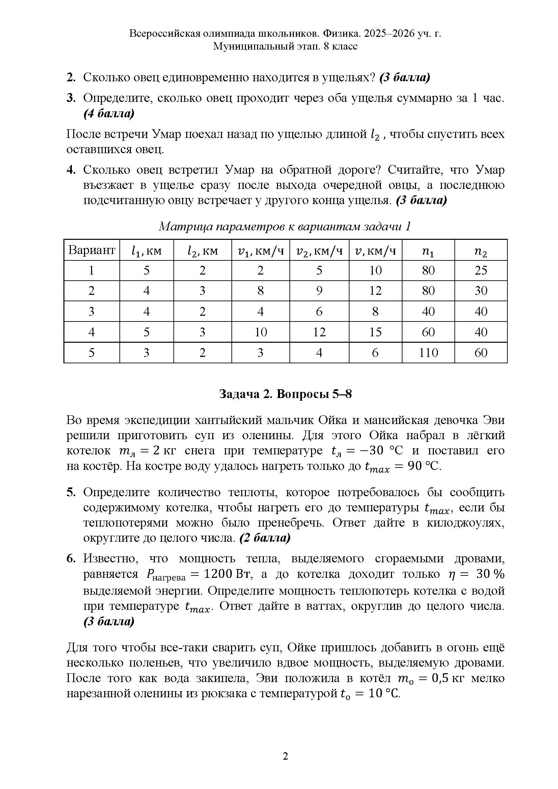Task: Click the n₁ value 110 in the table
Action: pyautogui.click(x=428, y=353)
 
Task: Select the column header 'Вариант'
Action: pyautogui.click(x=91, y=250)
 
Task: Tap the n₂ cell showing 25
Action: pyautogui.click(x=481, y=271)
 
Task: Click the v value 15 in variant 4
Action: pyautogui.click(x=375, y=332)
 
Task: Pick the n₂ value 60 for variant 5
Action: pyautogui.click(x=481, y=353)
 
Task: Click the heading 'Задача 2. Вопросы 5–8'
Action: pyautogui.click(x=285, y=394)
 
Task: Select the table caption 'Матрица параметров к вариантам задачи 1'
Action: pyautogui.click(x=285, y=226)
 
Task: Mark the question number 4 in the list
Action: pyautogui.click(x=71, y=170)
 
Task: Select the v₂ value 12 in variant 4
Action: pyautogui.click(x=319, y=332)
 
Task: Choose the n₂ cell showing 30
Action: pyautogui.click(x=481, y=291)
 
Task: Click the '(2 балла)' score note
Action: pyautogui.click(x=265, y=538)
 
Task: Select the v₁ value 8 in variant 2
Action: pyautogui.click(x=260, y=291)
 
